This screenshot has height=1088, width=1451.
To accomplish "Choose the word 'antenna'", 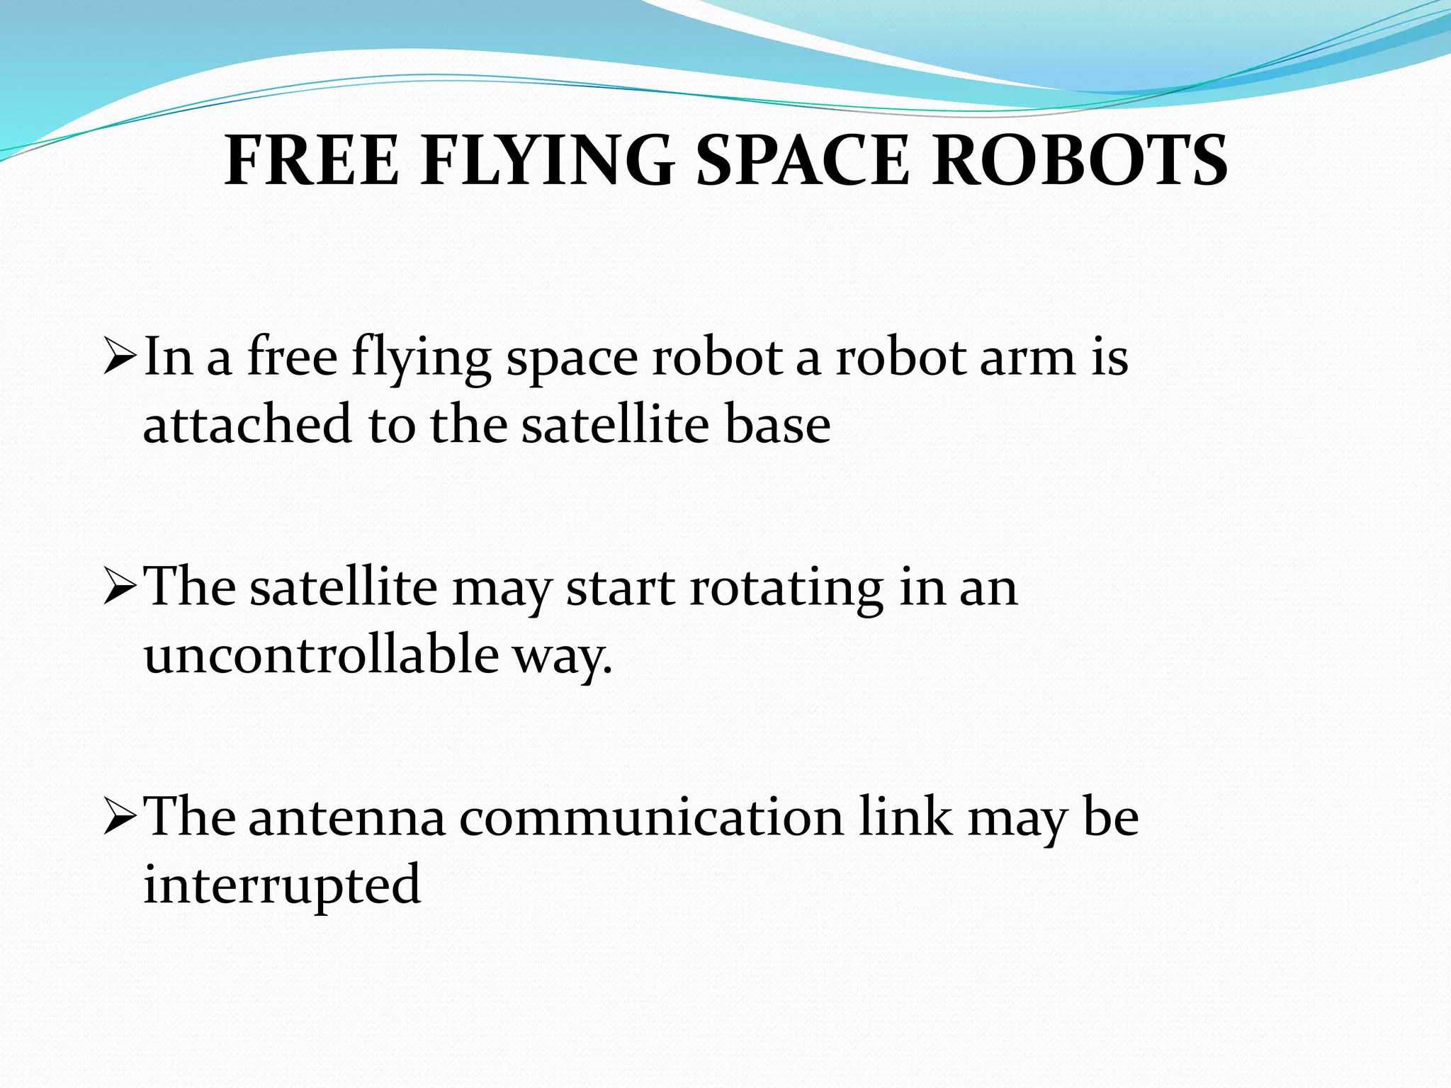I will [x=347, y=818].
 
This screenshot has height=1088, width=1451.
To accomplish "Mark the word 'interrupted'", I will [x=282, y=885].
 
